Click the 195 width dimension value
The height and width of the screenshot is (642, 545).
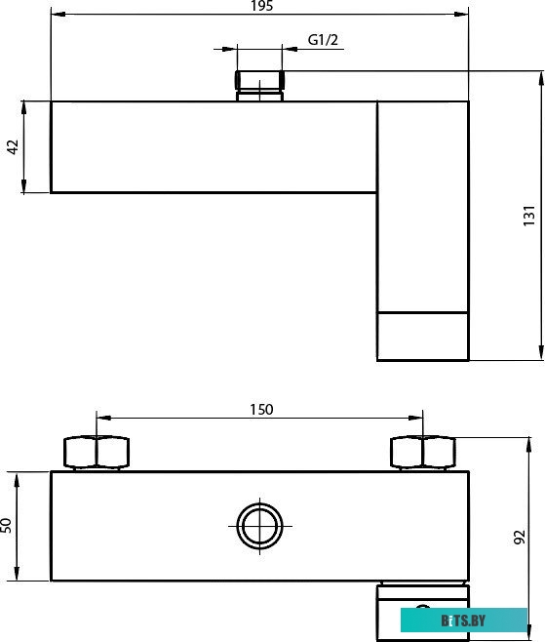click(x=260, y=6)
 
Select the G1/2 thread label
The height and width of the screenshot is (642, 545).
click(x=323, y=40)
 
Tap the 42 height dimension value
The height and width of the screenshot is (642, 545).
click(x=13, y=146)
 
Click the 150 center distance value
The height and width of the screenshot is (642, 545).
click(x=260, y=409)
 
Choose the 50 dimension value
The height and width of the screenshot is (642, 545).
click(x=7, y=526)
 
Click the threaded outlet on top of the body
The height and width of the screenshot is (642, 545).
click(x=258, y=83)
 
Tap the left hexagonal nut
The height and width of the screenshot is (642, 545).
click(x=97, y=453)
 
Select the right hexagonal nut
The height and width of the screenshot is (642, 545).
click(x=422, y=453)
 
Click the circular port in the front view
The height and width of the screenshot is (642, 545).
click(x=259, y=527)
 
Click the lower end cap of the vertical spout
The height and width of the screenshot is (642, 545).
click(x=422, y=336)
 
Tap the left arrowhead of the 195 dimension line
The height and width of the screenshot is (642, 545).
click(x=55, y=15)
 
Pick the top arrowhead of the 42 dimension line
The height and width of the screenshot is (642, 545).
click(x=24, y=106)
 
